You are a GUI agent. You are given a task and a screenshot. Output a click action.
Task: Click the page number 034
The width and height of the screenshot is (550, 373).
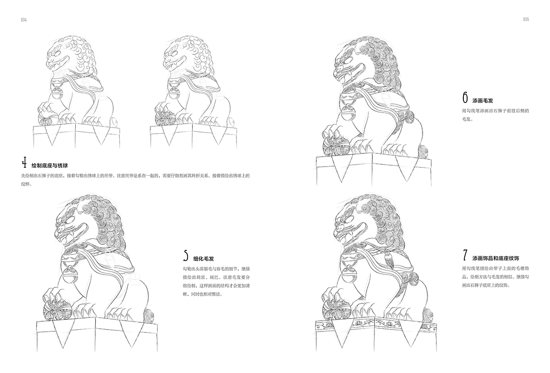tap(23, 20)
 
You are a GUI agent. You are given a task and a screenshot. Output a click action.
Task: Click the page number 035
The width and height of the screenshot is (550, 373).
tap(526, 19)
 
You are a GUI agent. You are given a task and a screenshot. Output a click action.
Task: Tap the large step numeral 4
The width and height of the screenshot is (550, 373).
tap(24, 162)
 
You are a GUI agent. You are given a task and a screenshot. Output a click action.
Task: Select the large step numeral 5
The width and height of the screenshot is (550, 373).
tap(186, 255)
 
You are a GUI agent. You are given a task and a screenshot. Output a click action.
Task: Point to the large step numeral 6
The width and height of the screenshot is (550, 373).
tap(465, 97)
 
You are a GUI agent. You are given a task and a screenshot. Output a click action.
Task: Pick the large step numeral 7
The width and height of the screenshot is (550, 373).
tap(465, 255)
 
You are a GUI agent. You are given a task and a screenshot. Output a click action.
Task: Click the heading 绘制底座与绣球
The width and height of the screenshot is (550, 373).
tap(49, 166)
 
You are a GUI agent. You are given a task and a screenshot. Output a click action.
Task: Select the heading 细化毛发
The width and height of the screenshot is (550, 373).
tap(203, 259)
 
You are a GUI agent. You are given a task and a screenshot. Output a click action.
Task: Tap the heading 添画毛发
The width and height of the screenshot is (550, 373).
tap(483, 101)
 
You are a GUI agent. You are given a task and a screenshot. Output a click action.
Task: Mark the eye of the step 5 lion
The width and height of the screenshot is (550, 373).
tap(71, 220)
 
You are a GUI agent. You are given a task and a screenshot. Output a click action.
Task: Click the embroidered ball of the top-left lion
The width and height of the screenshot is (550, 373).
tap(47, 119)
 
